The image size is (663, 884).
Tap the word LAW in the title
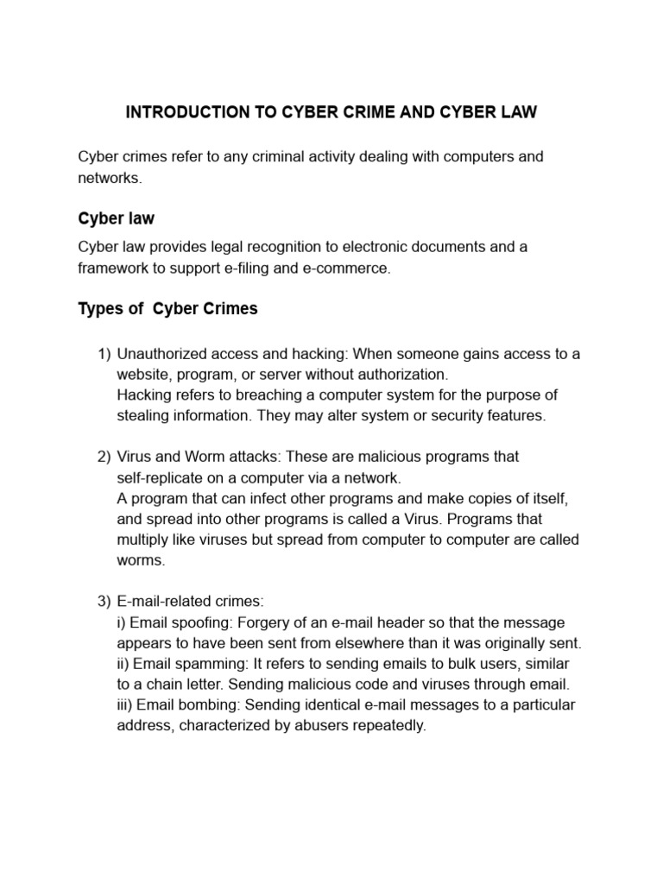point(518,113)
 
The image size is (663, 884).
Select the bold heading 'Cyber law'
point(116,218)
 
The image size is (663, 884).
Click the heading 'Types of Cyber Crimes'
point(167,308)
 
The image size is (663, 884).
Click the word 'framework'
point(113,268)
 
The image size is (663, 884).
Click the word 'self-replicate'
point(158,477)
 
